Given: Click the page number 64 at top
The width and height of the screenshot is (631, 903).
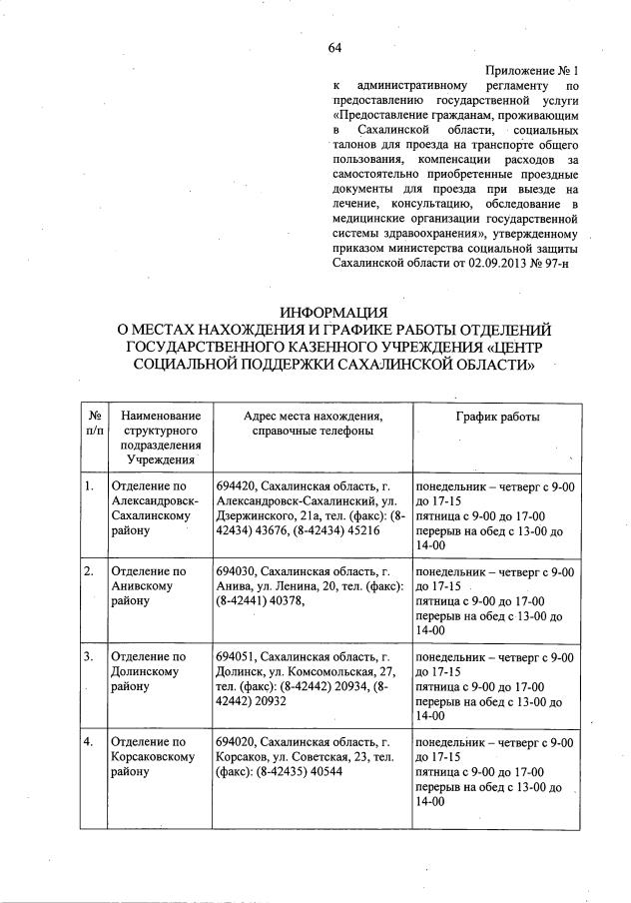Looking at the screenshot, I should (x=334, y=48).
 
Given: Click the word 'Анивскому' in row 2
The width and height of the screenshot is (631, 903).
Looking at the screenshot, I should (x=144, y=586).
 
